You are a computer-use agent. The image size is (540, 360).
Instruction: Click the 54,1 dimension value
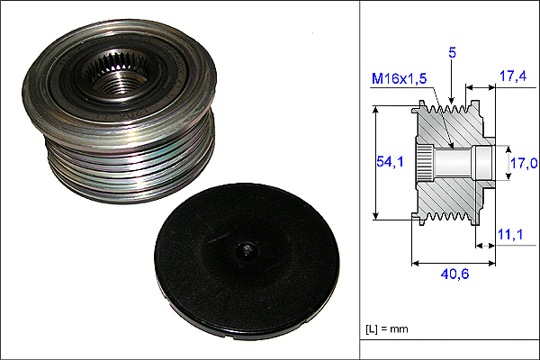click(390, 161)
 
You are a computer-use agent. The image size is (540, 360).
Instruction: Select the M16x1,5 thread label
click(399, 79)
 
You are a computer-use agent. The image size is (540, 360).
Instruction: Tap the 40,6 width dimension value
click(454, 274)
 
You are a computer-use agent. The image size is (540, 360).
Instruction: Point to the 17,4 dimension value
click(513, 76)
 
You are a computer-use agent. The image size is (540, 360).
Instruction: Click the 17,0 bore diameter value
click(524, 163)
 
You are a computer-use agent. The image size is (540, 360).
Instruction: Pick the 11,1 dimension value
click(510, 235)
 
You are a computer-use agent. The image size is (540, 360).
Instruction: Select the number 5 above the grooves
click(452, 53)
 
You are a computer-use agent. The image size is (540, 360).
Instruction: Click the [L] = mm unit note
click(387, 329)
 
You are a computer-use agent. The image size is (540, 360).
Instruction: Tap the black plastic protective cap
click(247, 262)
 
